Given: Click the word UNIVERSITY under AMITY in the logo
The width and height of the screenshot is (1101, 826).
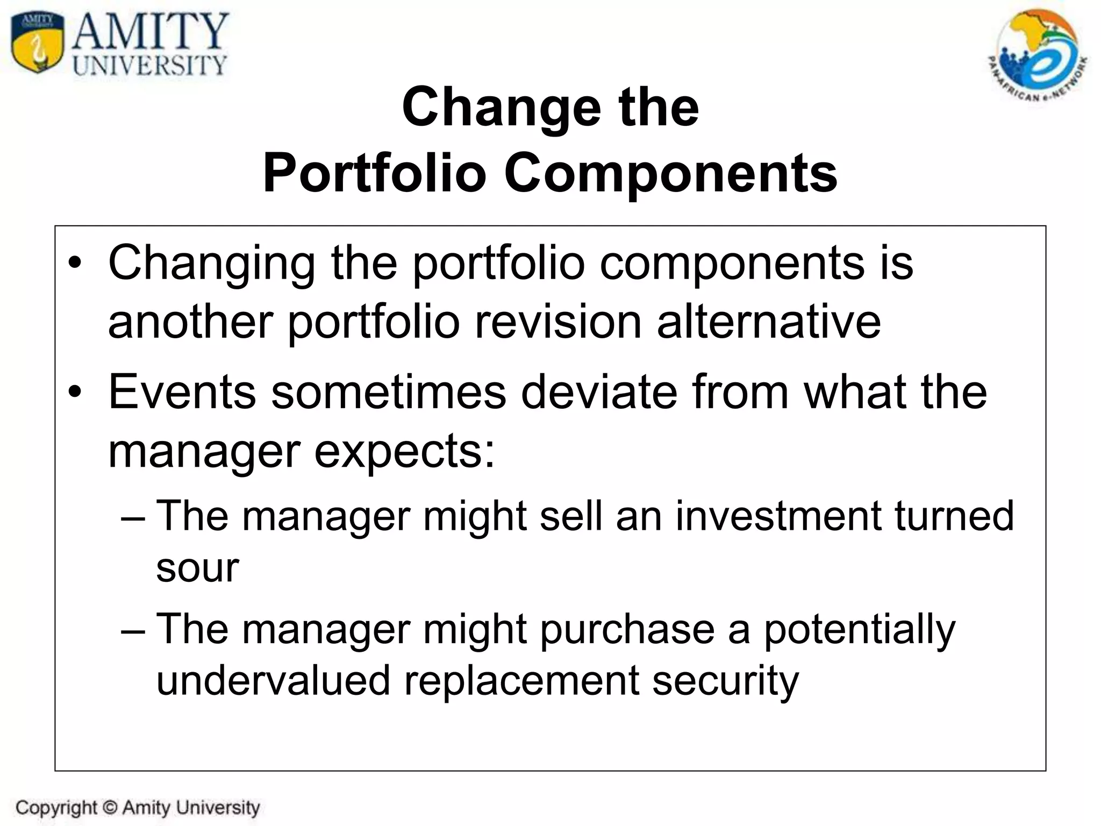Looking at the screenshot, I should pyautogui.click(x=150, y=66).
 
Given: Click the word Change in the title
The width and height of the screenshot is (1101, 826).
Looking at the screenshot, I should pyautogui.click(x=501, y=108).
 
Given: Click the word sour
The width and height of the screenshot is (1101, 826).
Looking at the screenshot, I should pyautogui.click(x=197, y=568).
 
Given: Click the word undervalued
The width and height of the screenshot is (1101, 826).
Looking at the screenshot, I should pyautogui.click(x=273, y=681).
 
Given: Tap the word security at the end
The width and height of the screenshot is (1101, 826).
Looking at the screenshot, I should pyautogui.click(x=725, y=681).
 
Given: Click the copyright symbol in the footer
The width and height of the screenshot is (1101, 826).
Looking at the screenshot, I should pyautogui.click(x=109, y=808).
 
